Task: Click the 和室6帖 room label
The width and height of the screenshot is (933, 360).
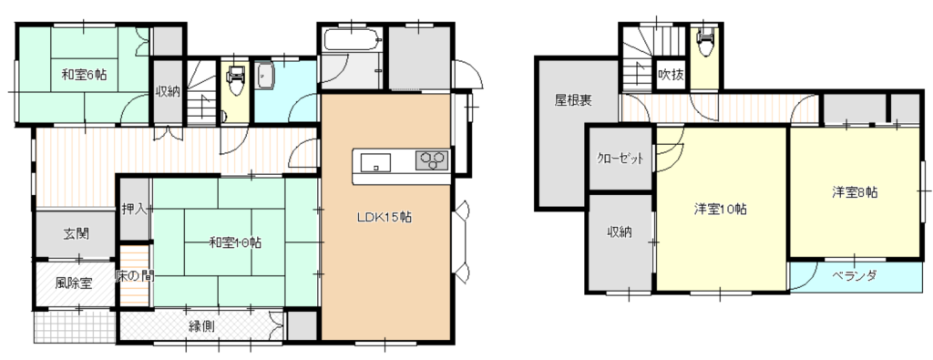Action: pyautogui.click(x=84, y=75)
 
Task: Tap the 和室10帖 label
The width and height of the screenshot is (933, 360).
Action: pyautogui.click(x=236, y=242)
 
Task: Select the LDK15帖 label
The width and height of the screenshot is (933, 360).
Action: pyautogui.click(x=384, y=217)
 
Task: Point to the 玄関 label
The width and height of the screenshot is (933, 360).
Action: pyautogui.click(x=77, y=234)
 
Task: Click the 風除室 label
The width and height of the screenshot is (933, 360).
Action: pyautogui.click(x=74, y=283)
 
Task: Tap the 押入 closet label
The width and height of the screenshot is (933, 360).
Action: pyautogui.click(x=134, y=209)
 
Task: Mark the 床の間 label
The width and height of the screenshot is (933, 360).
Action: pyautogui.click(x=134, y=276)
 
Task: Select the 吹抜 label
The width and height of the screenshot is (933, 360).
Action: pyautogui.click(x=671, y=75)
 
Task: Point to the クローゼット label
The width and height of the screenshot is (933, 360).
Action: pyautogui.click(x=621, y=159)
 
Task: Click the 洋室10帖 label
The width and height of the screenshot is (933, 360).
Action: pyautogui.click(x=721, y=209)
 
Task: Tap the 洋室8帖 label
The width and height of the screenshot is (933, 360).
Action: pyautogui.click(x=855, y=192)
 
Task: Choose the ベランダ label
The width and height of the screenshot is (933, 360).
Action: pyautogui.click(x=855, y=275)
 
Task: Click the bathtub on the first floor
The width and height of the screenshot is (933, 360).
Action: pyautogui.click(x=352, y=40)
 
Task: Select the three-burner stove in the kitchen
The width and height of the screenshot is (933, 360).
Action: pyautogui.click(x=433, y=160)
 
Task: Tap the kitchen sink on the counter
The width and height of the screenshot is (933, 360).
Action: pyautogui.click(x=374, y=161)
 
